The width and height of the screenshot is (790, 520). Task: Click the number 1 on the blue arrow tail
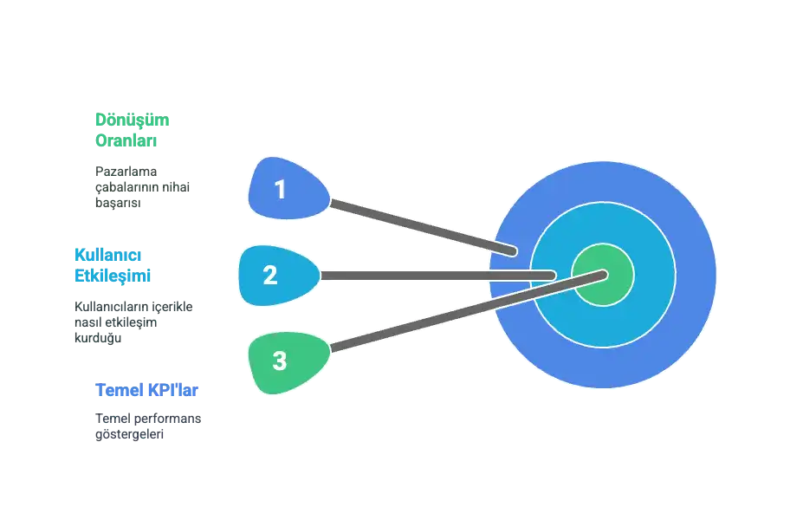click(x=279, y=189)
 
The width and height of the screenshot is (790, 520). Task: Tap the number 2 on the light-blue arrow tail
click(x=269, y=276)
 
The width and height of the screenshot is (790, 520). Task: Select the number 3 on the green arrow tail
click(x=279, y=361)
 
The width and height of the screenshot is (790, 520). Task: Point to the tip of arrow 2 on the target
click(x=552, y=276)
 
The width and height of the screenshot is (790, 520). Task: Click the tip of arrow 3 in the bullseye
click(x=603, y=274)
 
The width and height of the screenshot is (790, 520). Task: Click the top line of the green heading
click(x=132, y=120)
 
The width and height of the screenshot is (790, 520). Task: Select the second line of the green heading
click(x=126, y=140)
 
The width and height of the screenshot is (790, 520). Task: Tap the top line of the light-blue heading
click(x=107, y=255)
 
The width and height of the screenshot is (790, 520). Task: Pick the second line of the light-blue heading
click(x=111, y=275)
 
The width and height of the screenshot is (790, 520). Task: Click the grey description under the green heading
click(x=141, y=186)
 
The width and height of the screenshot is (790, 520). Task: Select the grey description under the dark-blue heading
click(x=146, y=426)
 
